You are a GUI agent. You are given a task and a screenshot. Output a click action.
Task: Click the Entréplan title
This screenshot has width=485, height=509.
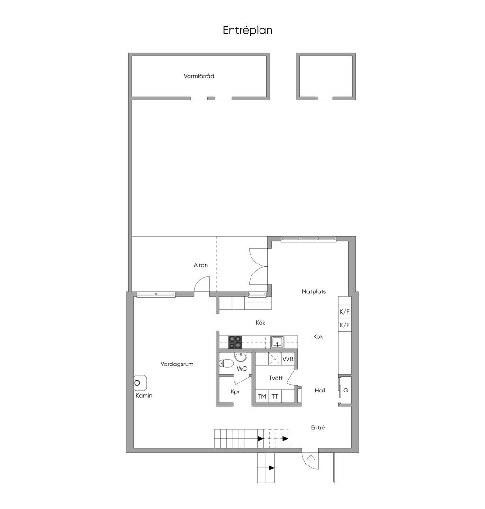point(247,30)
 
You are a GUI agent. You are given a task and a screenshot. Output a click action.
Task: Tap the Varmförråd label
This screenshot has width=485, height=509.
point(199,76)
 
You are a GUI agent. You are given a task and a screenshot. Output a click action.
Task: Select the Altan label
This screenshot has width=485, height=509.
point(201,265)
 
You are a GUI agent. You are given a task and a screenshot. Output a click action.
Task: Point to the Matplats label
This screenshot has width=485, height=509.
point(314,291)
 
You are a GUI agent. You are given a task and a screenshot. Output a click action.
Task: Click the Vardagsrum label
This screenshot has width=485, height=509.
point(177,364)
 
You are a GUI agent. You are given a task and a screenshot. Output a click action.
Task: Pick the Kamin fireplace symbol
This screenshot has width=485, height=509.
point(140,383)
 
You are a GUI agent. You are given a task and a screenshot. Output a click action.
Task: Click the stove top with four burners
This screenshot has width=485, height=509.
point(235,342)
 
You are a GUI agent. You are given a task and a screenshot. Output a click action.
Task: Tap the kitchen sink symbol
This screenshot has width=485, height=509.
point(278,342)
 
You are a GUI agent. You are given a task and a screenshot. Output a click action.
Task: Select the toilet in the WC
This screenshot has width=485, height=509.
point(226,364)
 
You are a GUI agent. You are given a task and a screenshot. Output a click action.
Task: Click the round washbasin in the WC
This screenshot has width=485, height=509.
point(241,357)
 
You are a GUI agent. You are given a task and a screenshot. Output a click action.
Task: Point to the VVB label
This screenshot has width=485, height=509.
point(288,359)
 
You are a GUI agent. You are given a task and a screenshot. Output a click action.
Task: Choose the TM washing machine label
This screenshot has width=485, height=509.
point(262,396)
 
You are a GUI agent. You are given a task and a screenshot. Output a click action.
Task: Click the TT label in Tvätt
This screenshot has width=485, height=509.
point(275,396)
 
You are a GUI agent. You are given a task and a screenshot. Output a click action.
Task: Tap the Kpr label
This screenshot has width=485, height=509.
point(235,392)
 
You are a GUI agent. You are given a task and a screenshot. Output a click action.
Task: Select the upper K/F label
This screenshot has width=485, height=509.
point(344,312)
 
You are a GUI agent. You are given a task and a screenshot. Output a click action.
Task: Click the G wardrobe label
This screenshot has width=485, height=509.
point(346,390)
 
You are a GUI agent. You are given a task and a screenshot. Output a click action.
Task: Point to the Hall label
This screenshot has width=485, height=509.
point(320,391)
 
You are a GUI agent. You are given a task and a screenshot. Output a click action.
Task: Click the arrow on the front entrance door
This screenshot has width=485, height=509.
point(311,459)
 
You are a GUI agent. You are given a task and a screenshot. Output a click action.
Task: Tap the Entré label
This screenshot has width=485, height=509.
point(318,427)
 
